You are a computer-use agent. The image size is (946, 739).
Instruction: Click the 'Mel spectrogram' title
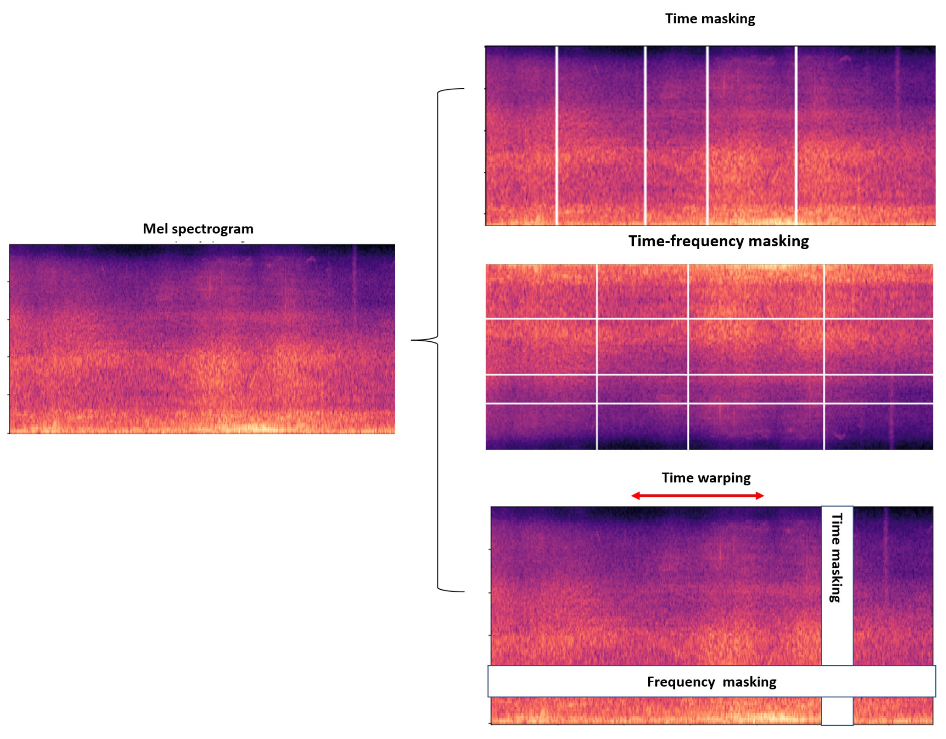198,229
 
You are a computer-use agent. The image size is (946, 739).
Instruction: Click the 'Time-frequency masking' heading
718,241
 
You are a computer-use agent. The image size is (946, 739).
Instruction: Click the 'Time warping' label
706,478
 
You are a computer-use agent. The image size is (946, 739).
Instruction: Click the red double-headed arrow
697,495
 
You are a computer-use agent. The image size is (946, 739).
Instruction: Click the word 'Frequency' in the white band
680,682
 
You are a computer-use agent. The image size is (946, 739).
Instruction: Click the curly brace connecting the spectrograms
438,340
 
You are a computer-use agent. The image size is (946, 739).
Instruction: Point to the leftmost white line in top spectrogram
556,135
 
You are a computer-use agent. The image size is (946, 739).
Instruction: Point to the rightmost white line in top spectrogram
796,135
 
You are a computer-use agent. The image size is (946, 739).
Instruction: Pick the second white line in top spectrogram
645,135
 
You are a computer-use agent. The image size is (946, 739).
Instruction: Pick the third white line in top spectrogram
708,135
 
